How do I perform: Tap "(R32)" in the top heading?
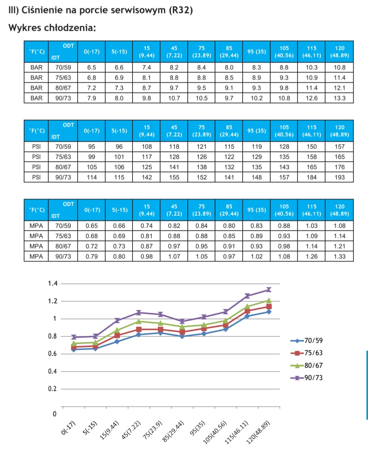point(181,10)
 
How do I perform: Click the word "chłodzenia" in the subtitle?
point(70,28)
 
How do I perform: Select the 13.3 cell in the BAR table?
point(339,98)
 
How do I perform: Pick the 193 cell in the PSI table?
point(339,177)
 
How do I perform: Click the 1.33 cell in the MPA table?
point(339,257)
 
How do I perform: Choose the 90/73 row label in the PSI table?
point(63,177)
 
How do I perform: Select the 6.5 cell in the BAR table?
point(91,68)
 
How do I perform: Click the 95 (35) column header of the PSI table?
point(257,131)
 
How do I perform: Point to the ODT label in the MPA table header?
point(68,204)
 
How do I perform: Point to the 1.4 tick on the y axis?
point(53,284)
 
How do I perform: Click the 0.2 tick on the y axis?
point(52,389)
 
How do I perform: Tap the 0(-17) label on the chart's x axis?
point(68,428)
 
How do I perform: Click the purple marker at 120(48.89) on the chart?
point(269,290)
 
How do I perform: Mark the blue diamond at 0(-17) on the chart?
point(74,349)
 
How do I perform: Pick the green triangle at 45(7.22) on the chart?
point(139,321)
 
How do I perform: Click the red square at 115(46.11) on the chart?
point(247,311)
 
